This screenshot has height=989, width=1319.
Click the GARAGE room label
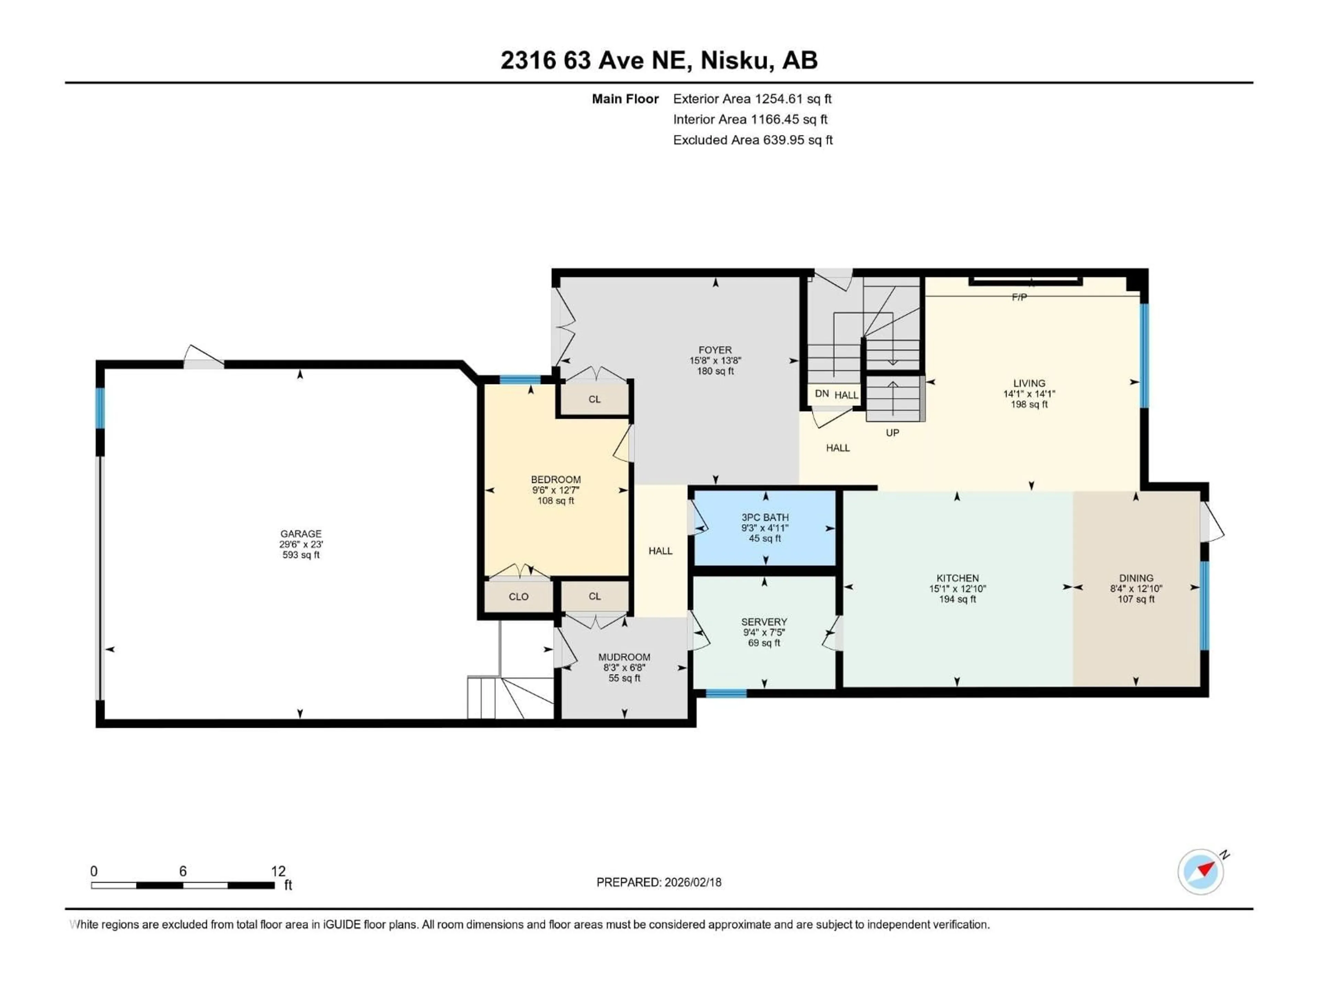[301, 534]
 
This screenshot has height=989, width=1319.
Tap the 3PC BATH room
[765, 527]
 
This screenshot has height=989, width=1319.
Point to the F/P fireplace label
[1019, 297]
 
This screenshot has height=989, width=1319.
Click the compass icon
[1201, 872]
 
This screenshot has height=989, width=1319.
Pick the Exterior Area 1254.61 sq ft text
[752, 99]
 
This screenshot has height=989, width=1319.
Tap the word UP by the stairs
[892, 433]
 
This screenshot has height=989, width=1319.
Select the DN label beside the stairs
[822, 394]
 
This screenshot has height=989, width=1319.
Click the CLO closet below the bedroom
[518, 596]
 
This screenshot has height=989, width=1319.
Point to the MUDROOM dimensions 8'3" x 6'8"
[624, 668]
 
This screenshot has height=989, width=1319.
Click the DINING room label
[1136, 578]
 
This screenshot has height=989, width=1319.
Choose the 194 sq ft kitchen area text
[957, 599]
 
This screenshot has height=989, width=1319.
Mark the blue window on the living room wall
[1144, 356]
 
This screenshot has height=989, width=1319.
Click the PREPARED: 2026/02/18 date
[659, 882]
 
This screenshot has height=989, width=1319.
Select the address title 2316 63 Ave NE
[659, 60]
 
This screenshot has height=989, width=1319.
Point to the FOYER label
[715, 350]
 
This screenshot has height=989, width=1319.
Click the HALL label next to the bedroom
[660, 551]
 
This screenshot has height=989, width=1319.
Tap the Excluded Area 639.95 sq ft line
[753, 140]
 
